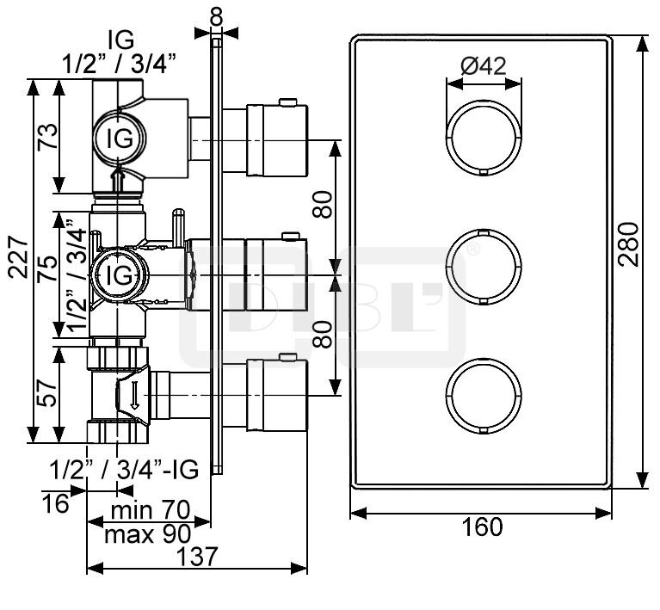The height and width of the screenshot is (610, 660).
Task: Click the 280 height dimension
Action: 628,244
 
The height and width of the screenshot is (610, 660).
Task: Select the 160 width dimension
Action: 483,527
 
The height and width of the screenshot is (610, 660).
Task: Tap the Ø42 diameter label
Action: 484,65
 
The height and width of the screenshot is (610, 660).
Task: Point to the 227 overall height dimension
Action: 20,256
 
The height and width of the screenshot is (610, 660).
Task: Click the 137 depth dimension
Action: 196,557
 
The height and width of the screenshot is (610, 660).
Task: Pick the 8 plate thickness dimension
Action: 216,17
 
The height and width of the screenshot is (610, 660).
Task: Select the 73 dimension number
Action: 47,138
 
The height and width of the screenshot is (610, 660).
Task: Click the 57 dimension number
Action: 47,393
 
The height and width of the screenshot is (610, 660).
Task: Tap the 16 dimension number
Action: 56,503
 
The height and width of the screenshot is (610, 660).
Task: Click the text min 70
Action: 151,510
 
